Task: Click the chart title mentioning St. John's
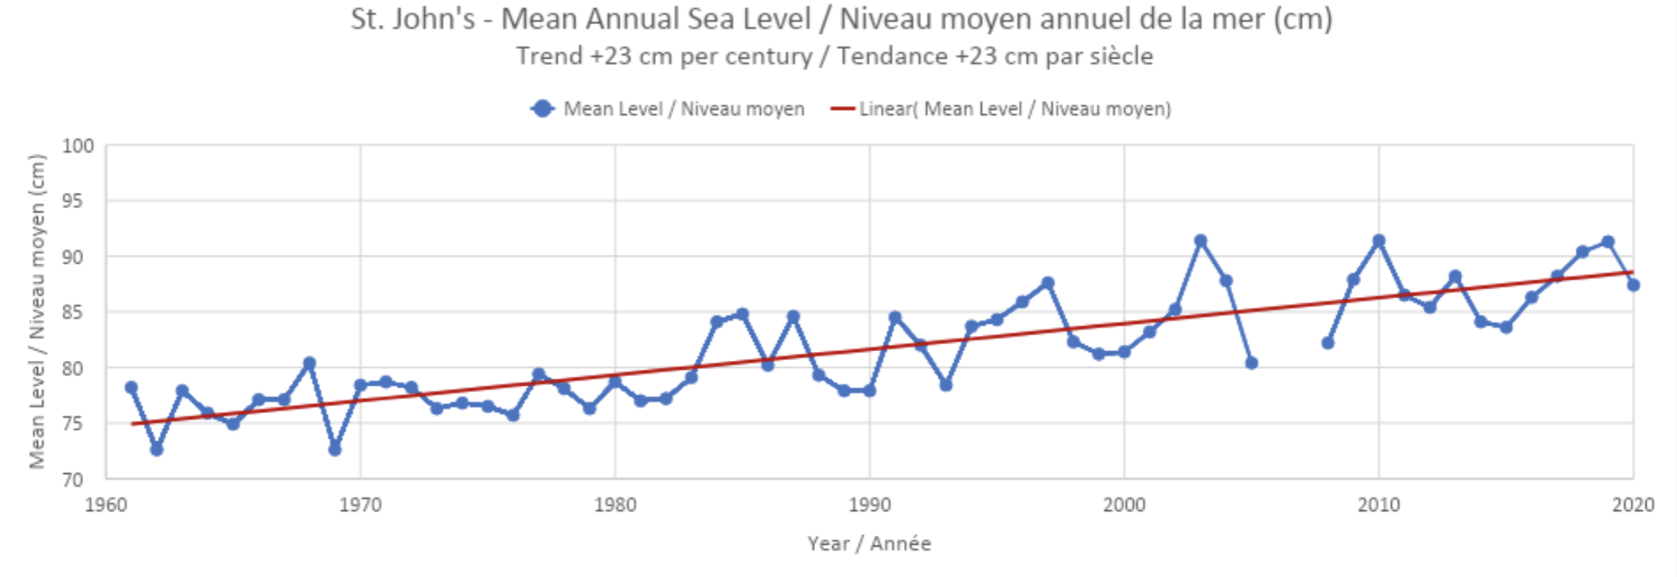coord(841,19)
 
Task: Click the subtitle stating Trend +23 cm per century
coord(834,56)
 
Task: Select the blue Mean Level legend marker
coord(543,108)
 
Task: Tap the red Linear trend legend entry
coord(1002,108)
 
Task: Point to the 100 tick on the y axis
coord(78,145)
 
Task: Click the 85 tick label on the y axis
coord(72,312)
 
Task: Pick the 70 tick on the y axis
coord(72,480)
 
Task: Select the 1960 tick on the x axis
coord(105,505)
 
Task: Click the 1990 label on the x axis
coord(869,505)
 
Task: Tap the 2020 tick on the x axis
coord(1633,505)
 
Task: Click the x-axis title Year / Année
coord(869,544)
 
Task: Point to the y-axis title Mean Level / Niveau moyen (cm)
coord(37,312)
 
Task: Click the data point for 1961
coord(132,387)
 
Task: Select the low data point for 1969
coord(335,449)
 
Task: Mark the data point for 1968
coord(309,363)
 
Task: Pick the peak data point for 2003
coord(1201,241)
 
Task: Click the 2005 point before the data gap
coord(1251,363)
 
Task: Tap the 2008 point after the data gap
coord(1328,343)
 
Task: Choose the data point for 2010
coord(1379,241)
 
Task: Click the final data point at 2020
coord(1633,285)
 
